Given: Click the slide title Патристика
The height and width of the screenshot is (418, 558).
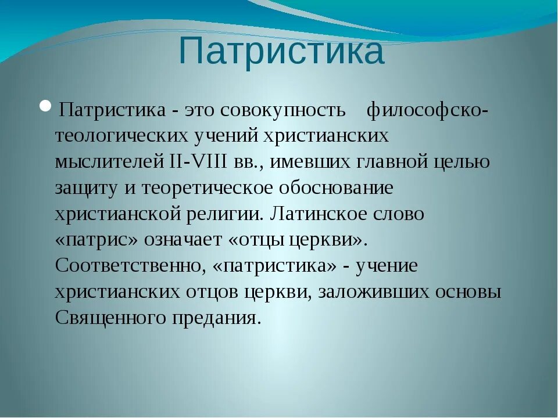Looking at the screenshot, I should coord(281,51).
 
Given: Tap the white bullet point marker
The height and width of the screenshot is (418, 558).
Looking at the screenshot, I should coord(46,107).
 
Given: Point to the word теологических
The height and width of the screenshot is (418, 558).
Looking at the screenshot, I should coord(121,136).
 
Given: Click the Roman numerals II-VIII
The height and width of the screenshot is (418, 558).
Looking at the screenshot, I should coord(198,162).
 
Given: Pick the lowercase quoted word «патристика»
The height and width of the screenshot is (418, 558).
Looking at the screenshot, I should coord(276,266).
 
